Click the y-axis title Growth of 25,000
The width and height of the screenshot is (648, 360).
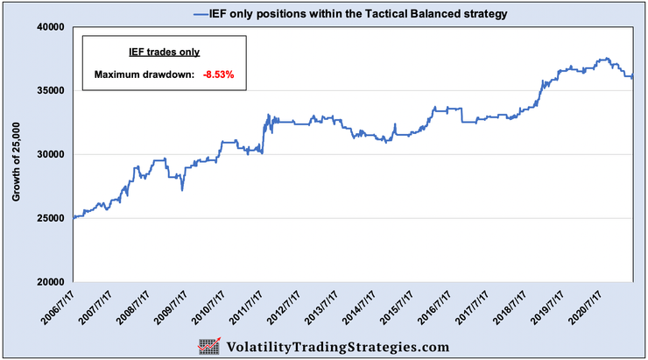click(x=16, y=154)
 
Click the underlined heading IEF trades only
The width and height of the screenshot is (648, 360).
click(x=165, y=53)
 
